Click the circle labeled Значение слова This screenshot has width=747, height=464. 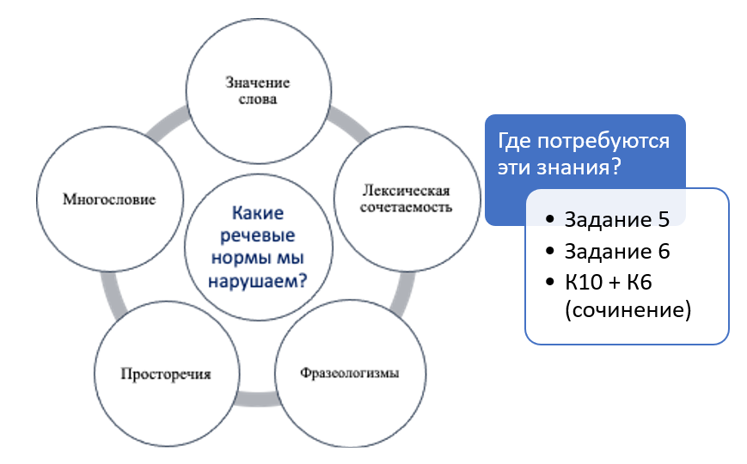(x=259, y=91)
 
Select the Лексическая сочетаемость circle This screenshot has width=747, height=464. (x=407, y=199)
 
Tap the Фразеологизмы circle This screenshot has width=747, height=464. (x=350, y=373)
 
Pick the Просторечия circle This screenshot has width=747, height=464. (x=166, y=374)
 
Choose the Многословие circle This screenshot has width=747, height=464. (x=109, y=199)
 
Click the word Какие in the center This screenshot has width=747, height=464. (x=258, y=213)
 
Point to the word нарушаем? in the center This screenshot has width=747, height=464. (x=258, y=281)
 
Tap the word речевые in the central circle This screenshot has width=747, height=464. (x=258, y=235)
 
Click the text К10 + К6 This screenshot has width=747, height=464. (x=609, y=282)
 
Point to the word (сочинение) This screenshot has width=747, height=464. (x=628, y=310)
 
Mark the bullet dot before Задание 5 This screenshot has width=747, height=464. (x=550, y=219)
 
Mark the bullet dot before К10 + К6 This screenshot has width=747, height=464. (x=550, y=282)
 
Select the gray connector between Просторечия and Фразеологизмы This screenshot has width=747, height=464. (x=257, y=400)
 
